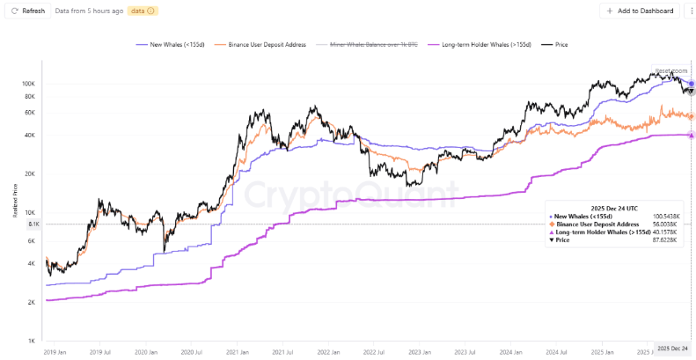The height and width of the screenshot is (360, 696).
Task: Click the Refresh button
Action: (27, 11)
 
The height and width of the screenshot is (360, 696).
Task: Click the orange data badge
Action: (142, 11)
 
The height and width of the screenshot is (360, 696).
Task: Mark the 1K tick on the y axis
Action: (29, 342)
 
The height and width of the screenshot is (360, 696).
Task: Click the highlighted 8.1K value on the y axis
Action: (27, 224)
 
